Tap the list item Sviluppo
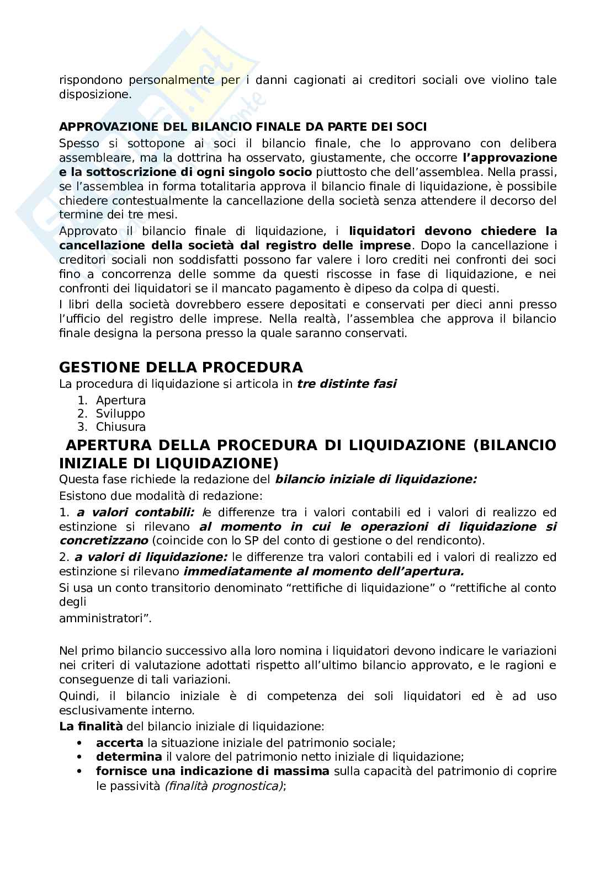point(120,414)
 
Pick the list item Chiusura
point(120,427)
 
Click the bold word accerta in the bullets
point(119,743)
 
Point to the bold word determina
point(129,757)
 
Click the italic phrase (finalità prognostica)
point(224,785)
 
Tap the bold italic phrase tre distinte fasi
point(347,384)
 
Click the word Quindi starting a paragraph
point(76,696)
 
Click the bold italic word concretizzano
point(104,541)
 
